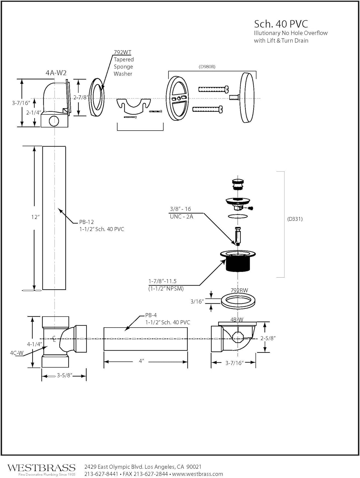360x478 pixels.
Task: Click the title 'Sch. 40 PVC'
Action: (x=281, y=24)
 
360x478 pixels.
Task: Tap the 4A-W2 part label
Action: (x=56, y=73)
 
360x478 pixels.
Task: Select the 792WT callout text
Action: (x=122, y=52)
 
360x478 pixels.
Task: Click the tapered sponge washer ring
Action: (x=96, y=98)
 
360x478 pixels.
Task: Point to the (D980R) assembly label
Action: (x=207, y=67)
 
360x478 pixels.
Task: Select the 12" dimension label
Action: (x=35, y=217)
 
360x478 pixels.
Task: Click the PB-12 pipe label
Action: (x=86, y=222)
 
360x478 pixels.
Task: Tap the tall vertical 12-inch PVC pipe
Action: (x=54, y=218)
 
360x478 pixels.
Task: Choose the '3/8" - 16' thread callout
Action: (x=180, y=209)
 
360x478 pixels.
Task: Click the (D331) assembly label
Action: (x=295, y=219)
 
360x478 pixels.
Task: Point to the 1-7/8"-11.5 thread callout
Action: (x=162, y=281)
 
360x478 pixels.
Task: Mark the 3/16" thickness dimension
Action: (x=197, y=301)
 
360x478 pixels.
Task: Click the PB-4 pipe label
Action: (x=151, y=315)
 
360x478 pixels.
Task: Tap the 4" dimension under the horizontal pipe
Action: (x=142, y=361)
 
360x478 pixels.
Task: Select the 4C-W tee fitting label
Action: (x=17, y=353)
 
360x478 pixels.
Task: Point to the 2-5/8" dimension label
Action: (x=268, y=338)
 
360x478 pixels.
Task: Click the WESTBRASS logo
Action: (x=41, y=468)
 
